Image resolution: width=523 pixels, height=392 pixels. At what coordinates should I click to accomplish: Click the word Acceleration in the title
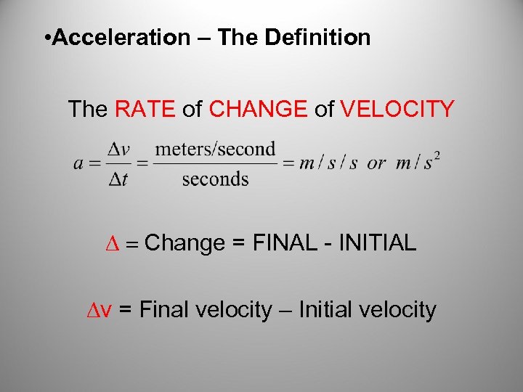[121, 38]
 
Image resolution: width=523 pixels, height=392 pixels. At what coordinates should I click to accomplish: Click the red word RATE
[145, 110]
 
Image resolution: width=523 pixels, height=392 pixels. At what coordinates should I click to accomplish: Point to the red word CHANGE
[259, 110]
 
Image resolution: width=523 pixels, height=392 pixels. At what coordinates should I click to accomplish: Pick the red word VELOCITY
[397, 110]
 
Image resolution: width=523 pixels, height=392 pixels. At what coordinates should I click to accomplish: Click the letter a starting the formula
[78, 163]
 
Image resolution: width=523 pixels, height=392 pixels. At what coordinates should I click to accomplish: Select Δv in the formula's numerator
[118, 149]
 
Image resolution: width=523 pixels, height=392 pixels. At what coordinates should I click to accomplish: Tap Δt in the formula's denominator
[118, 179]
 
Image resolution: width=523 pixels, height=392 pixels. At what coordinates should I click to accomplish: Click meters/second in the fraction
[216, 149]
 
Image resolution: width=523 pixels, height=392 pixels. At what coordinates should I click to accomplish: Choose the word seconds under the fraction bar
[216, 179]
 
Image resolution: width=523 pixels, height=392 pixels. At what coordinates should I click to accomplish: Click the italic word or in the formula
[376, 163]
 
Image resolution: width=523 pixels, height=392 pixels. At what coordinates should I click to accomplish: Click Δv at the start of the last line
[99, 311]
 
